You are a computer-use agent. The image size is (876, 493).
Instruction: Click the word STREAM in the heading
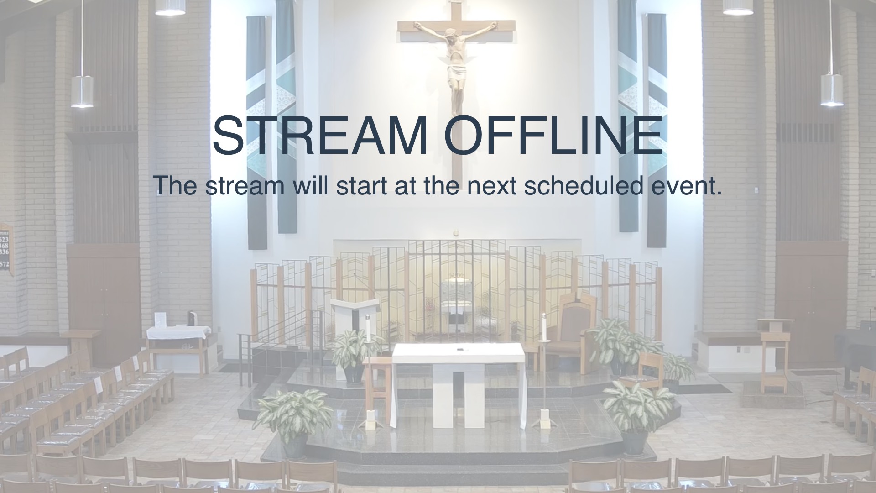click(x=320, y=136)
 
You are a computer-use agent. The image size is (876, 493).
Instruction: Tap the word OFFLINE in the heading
click(x=553, y=136)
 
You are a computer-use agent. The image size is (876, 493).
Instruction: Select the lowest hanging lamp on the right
click(x=832, y=90)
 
